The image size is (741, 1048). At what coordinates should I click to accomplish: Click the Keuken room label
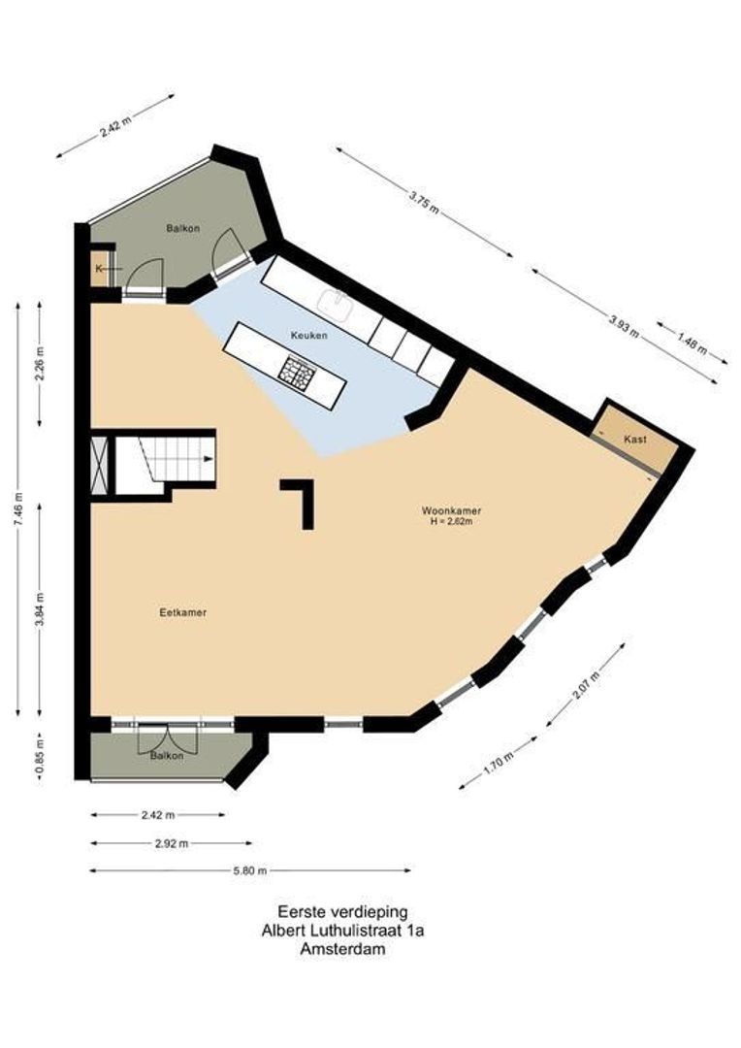[308, 335]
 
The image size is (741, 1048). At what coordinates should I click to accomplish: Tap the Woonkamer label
[451, 510]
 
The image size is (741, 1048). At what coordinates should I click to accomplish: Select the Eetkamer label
[183, 612]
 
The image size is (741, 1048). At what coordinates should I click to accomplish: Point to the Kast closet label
[635, 440]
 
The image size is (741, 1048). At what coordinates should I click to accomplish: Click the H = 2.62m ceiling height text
[451, 521]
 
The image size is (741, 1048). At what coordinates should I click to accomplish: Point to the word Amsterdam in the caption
[343, 950]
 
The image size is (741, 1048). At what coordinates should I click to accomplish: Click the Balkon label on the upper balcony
[182, 228]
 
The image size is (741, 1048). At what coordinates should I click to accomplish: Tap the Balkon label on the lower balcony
[167, 756]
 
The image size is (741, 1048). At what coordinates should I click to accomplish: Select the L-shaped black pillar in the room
[302, 498]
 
